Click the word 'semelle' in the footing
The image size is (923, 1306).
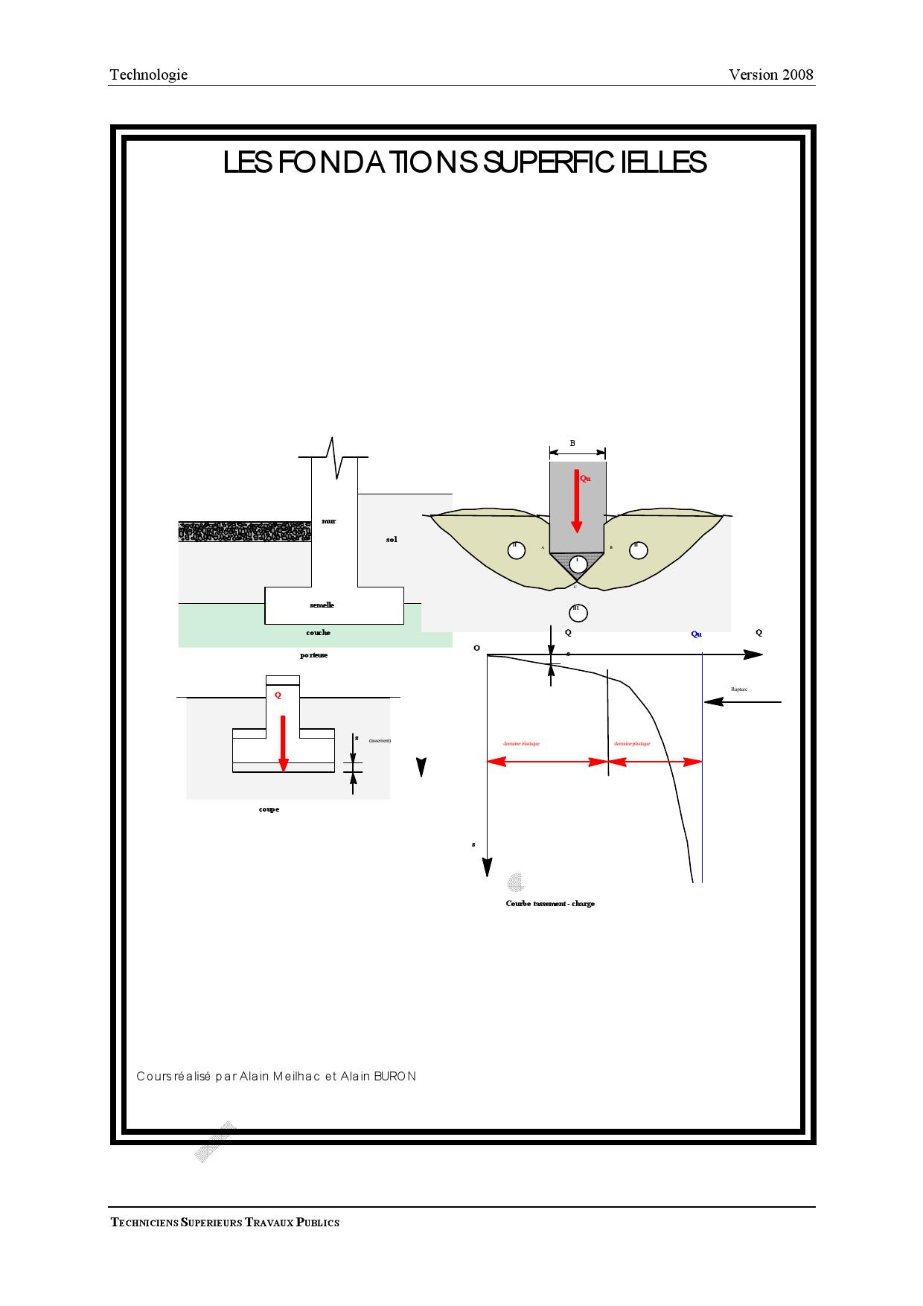pos(322,605)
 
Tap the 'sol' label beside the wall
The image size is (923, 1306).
pos(392,539)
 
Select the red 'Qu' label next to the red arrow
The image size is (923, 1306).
pos(586,479)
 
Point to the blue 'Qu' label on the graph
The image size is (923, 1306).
pos(696,634)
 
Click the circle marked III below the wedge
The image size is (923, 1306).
pos(578,613)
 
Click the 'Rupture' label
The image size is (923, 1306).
pos(738,689)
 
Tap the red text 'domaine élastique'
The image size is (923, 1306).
pos(521,744)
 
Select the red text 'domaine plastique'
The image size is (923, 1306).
pos(632,744)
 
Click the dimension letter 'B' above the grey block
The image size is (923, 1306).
pos(572,444)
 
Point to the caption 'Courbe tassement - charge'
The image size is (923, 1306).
pos(550,904)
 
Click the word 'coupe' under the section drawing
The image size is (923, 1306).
pos(269,809)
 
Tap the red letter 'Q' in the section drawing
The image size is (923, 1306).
pos(278,695)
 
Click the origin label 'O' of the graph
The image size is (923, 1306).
pos(476,649)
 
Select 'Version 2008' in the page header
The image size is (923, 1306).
pos(770,74)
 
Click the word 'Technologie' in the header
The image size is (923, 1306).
pos(148,74)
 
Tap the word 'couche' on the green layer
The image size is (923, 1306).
pos(318,633)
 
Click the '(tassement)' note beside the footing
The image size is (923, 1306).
pos(380,741)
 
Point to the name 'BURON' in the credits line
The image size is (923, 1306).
pos(395,1077)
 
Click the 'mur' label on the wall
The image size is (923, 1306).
pos(328,521)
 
